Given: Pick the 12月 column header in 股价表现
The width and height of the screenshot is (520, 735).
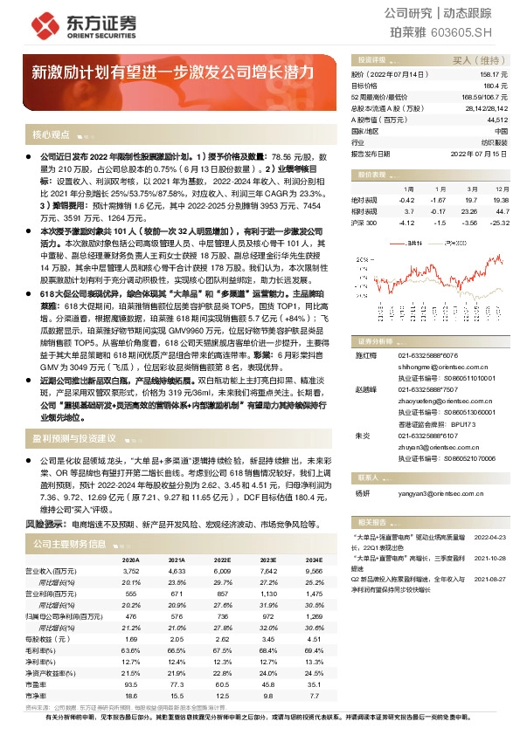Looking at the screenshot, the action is pyautogui.click(x=501, y=189).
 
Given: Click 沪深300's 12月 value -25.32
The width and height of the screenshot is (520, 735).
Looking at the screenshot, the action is pyautogui.click(x=499, y=223).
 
